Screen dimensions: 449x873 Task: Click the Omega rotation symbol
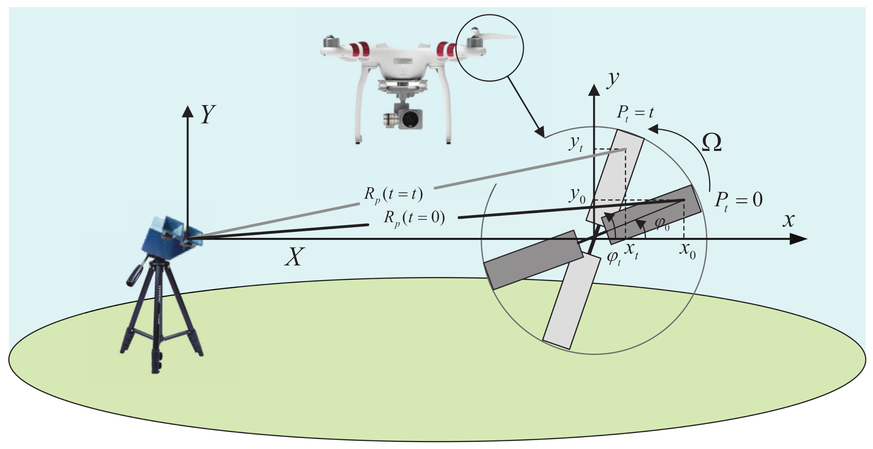pos(712,143)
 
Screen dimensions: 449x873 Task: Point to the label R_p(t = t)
pos(394,195)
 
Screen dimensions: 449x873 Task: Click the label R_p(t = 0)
pos(414,218)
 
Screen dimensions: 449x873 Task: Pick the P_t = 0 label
pos(738,200)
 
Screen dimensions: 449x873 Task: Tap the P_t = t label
pos(635,113)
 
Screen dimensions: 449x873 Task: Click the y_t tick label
pos(576,145)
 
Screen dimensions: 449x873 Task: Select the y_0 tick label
pos(577,196)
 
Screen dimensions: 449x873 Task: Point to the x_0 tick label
pos(688,250)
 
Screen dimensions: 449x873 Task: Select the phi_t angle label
pos(614,258)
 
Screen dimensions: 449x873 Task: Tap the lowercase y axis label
pos(613,79)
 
